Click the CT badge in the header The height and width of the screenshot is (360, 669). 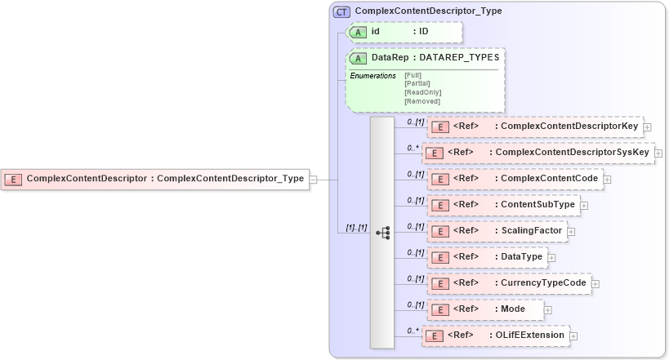pos(342,11)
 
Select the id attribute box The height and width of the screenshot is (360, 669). pos(404,32)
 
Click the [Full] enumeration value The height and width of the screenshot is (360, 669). pos(413,75)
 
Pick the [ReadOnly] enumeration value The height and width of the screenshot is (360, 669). pos(422,92)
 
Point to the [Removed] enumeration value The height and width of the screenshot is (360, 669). pos(421,101)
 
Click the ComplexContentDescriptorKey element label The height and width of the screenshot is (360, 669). pos(570,127)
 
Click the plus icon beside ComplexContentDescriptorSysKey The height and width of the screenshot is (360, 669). pos(658,153)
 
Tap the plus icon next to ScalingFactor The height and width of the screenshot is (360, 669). pos(571,232)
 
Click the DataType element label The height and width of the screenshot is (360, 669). pos(520,257)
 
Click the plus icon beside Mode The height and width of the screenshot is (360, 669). pos(547,310)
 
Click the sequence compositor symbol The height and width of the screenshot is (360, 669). pos(382,233)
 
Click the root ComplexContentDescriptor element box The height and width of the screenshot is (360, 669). pos(156,179)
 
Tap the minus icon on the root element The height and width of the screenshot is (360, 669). pos(314,179)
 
